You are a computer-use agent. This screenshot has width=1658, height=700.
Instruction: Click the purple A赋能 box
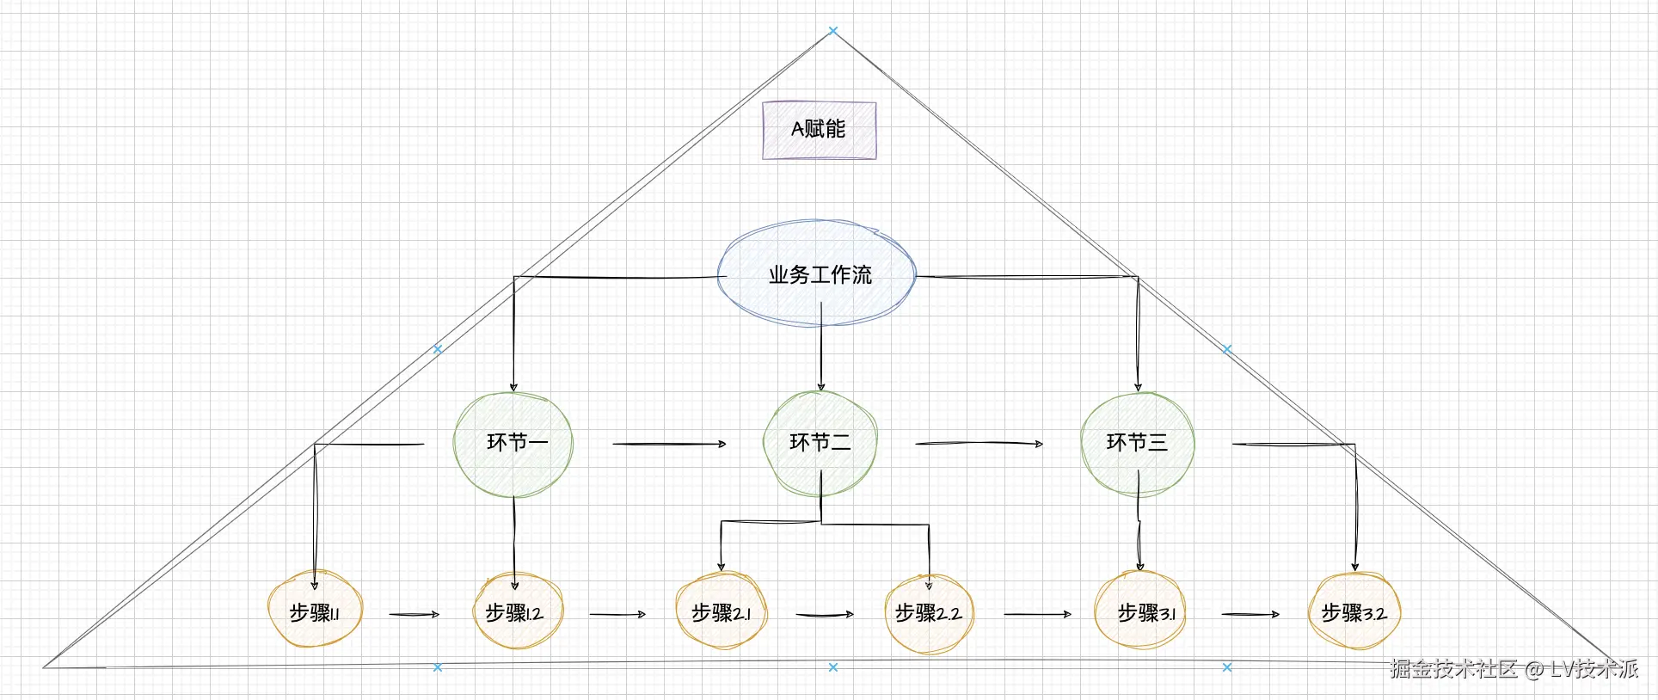[819, 130]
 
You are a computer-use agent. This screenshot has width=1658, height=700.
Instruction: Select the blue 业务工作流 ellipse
[817, 274]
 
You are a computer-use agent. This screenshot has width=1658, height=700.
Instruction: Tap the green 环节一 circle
[513, 444]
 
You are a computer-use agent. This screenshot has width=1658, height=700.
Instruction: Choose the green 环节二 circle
[820, 443]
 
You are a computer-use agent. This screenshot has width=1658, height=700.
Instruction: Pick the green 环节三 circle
[1137, 444]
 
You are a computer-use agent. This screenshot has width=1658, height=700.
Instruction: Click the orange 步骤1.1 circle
[315, 611]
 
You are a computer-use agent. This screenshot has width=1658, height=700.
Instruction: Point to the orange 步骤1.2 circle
[518, 611]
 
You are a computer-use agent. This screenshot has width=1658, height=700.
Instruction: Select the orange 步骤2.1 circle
[721, 611]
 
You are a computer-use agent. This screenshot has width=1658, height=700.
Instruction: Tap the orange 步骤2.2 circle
[929, 613]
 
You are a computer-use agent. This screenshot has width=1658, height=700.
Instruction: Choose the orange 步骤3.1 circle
[1140, 611]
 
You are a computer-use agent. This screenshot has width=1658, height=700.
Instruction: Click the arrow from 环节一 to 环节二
[669, 444]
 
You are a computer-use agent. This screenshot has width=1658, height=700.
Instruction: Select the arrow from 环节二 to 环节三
[979, 444]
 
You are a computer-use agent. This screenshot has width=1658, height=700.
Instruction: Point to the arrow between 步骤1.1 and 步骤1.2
[414, 614]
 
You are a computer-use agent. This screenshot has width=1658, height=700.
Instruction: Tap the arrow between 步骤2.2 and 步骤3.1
[1037, 614]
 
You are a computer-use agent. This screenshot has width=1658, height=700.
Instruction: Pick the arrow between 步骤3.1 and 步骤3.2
[1250, 614]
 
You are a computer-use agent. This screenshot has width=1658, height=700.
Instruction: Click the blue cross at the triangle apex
[832, 31]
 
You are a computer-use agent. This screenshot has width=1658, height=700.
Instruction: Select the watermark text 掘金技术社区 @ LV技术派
[1514, 669]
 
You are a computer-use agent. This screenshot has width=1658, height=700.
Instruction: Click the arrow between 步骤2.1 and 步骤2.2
[824, 614]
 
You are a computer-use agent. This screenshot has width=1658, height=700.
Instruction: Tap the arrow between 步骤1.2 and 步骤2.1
[617, 614]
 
